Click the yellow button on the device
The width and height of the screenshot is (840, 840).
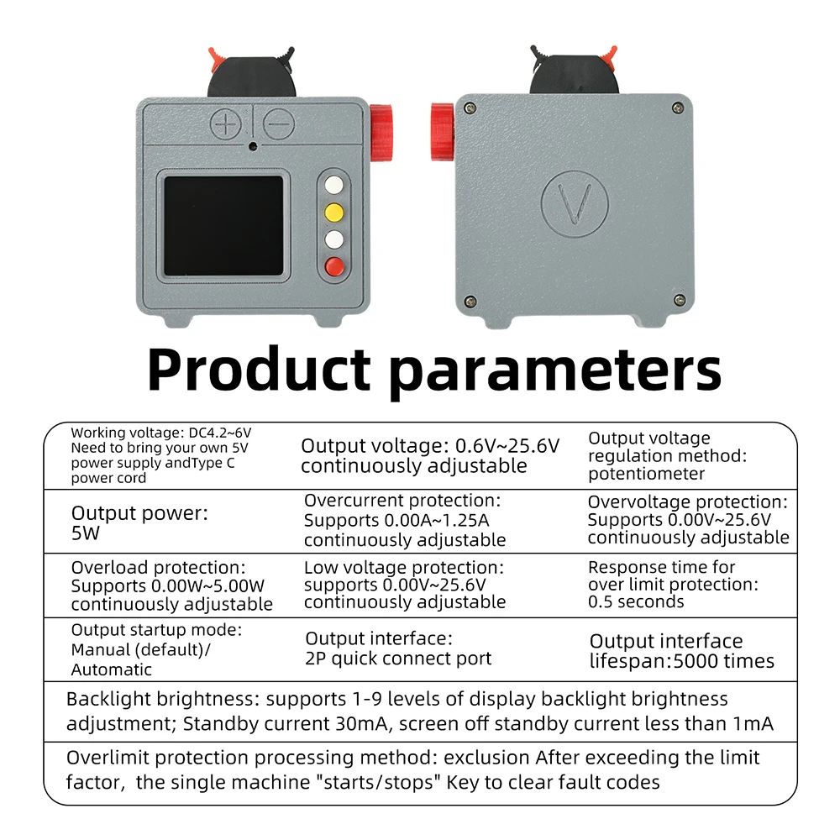coord(334,213)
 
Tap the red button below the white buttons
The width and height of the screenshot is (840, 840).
coord(335,266)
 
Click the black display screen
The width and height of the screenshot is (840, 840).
coord(223,225)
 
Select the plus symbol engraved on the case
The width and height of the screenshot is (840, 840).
coord(225,124)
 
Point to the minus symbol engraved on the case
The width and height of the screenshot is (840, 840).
coord(279,123)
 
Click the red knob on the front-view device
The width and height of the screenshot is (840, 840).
coord(381,133)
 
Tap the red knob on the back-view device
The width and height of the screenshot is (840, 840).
coord(443,132)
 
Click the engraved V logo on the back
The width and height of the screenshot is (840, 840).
coord(575,203)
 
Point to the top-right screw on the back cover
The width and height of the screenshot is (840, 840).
coord(678,108)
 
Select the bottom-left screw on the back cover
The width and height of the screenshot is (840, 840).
coord(470,301)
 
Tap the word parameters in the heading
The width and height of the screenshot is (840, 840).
coord(555,372)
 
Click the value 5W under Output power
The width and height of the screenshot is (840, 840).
coord(86,533)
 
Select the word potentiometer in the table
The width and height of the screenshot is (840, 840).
coord(646,474)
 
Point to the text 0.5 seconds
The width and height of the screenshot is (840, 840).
coord(636,601)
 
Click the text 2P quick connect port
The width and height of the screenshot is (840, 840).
coord(398,659)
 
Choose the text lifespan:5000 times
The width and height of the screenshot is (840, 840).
coord(682,661)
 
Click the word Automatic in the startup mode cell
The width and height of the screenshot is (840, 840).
coord(112,669)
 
